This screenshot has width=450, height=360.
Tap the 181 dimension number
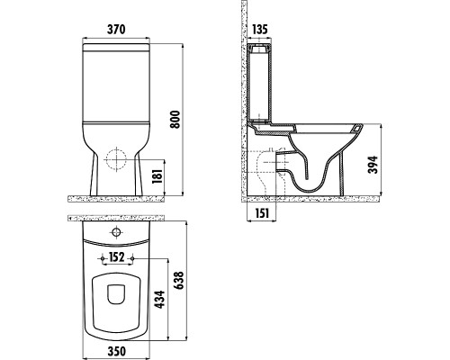[x=158, y=176]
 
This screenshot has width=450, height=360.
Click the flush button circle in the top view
[x=115, y=234]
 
